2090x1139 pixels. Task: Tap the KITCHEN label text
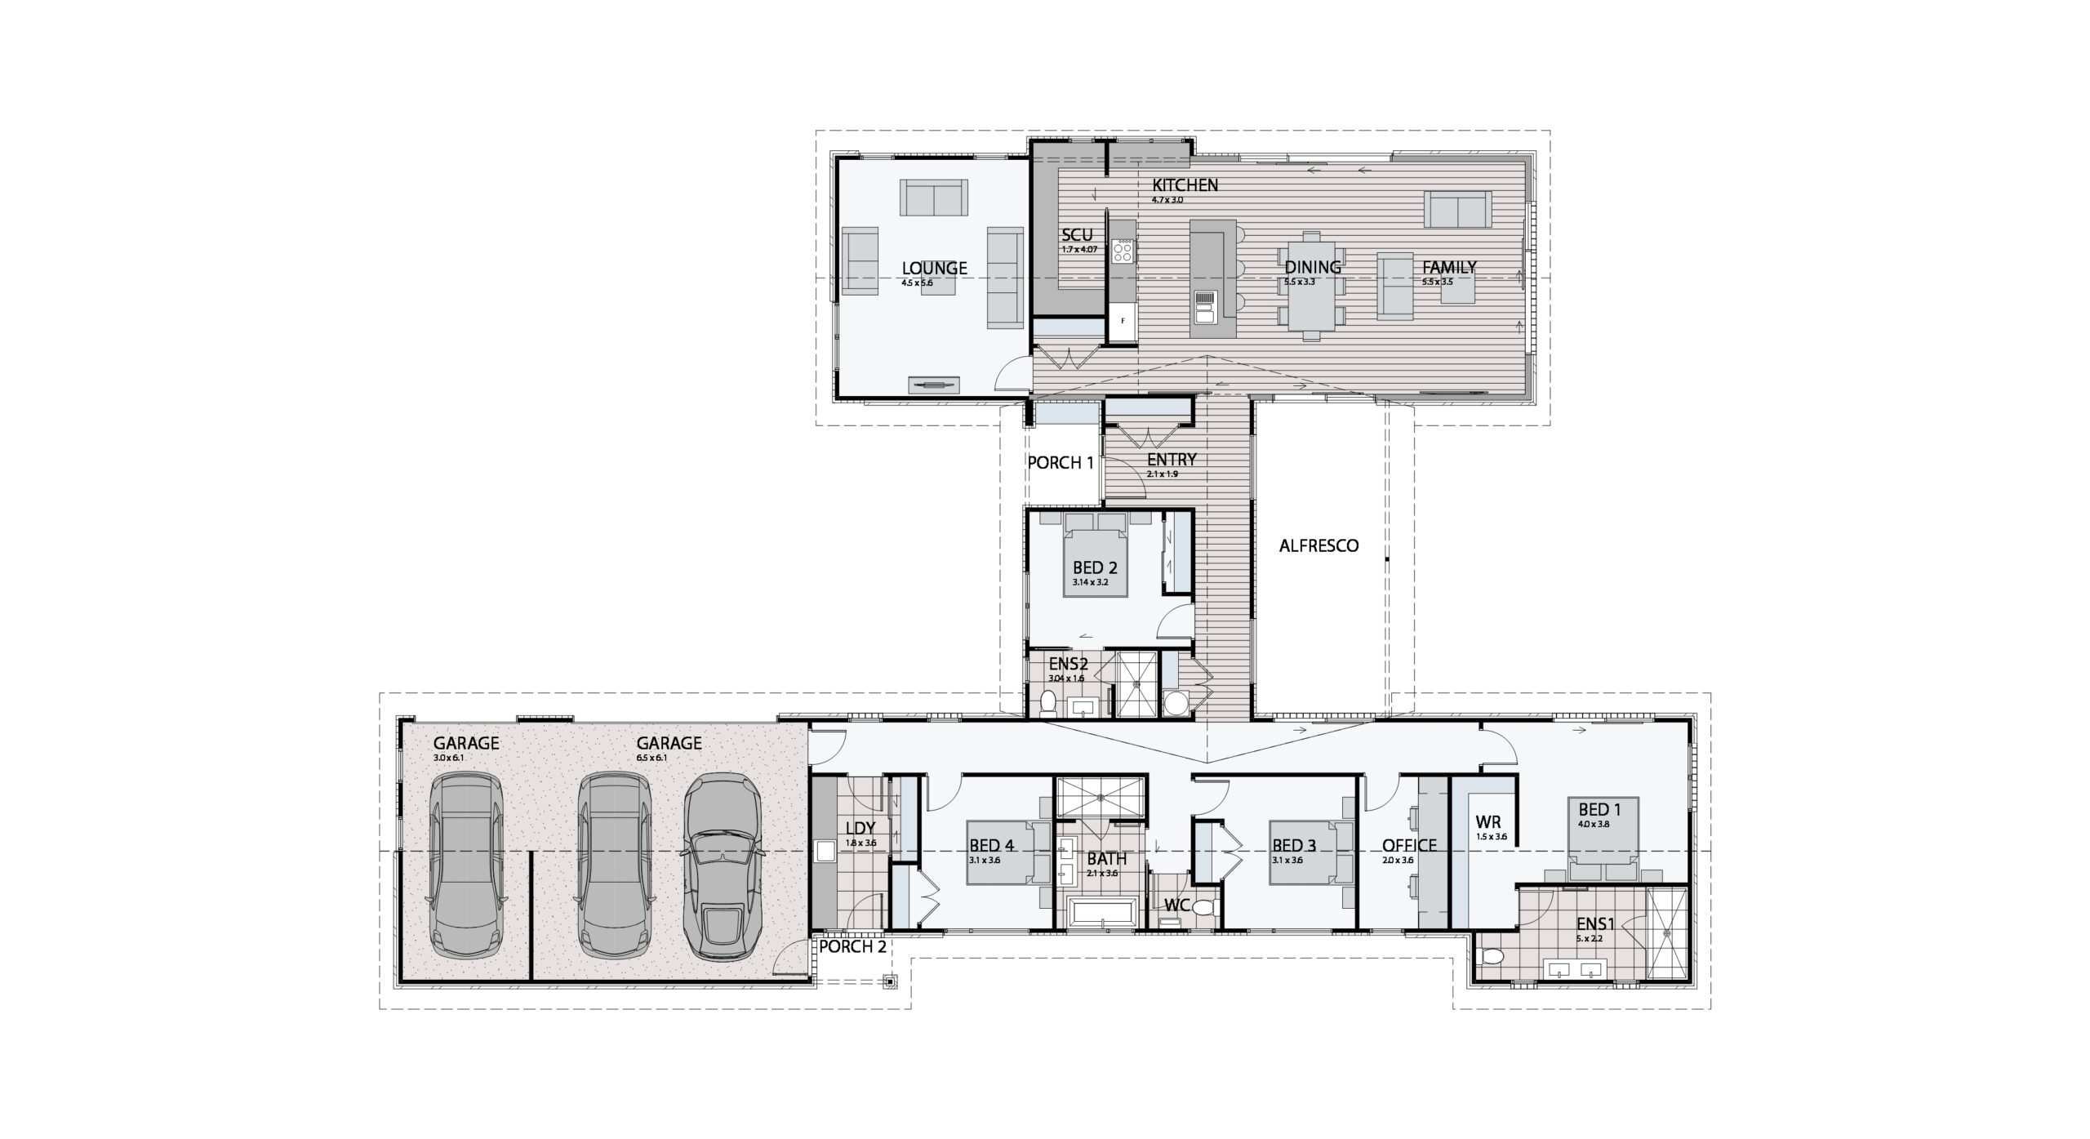click(x=1185, y=185)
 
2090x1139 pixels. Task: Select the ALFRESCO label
click(x=1318, y=545)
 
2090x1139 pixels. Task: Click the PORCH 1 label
click(x=1060, y=463)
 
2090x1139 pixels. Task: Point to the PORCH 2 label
click(x=852, y=947)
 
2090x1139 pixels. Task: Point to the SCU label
click(x=1077, y=235)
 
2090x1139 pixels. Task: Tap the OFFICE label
click(x=1409, y=845)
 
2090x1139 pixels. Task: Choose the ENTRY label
click(x=1172, y=460)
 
